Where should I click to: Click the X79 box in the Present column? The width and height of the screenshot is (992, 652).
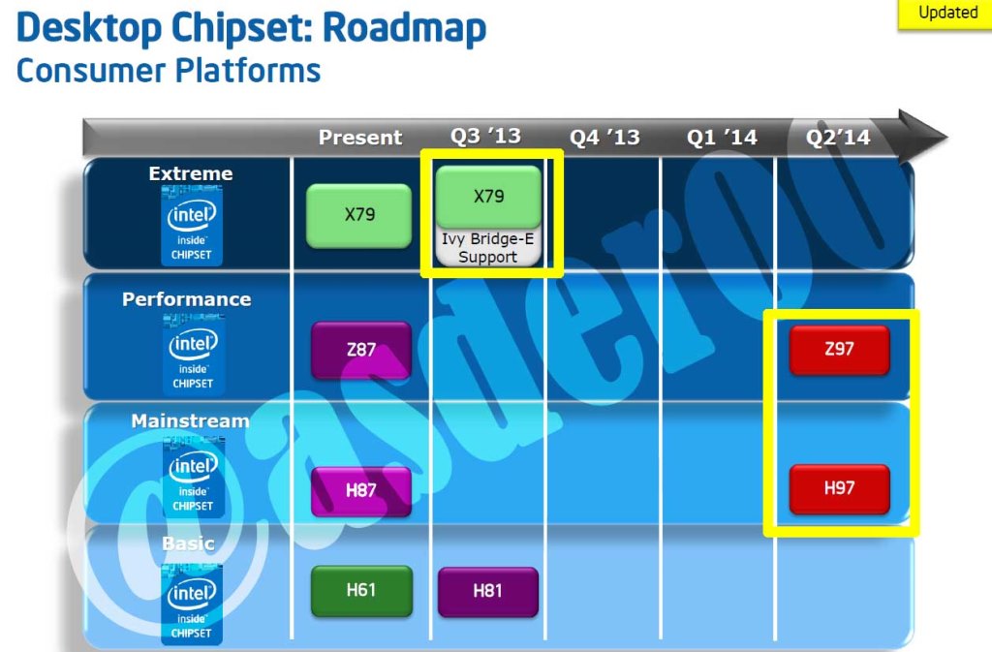click(358, 215)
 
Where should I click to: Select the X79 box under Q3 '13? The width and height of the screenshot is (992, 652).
click(488, 197)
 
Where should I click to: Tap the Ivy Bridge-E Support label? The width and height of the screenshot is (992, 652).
click(488, 248)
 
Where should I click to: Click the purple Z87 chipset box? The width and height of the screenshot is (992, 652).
click(360, 350)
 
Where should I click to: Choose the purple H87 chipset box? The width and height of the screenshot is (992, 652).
click(360, 490)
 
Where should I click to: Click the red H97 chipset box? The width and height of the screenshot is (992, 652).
click(839, 488)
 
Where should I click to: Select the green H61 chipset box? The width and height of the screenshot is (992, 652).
click(360, 590)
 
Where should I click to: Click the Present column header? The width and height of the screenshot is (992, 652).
click(360, 138)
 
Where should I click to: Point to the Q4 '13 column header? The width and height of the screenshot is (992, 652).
click(604, 138)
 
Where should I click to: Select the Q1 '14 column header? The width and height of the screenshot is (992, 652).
click(722, 138)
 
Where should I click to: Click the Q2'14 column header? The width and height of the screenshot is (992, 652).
click(838, 138)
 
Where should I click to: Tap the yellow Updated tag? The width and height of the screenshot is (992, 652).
click(946, 14)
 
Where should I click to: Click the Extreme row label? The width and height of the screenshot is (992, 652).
click(191, 174)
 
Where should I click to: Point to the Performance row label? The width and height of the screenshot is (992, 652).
click(186, 299)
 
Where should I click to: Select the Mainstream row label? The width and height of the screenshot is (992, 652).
click(190, 421)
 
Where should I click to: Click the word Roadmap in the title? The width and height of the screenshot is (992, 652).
click(404, 29)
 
